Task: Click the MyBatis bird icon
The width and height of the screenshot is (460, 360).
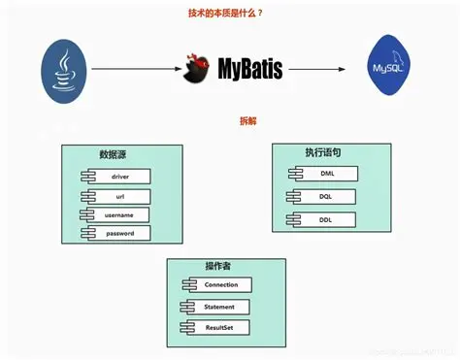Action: pos(198,69)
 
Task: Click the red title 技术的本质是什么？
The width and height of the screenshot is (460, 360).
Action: pos(229,13)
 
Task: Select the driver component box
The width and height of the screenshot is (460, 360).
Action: pos(120,177)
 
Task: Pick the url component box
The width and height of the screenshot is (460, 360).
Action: pos(120,196)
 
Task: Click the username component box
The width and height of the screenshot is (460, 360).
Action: pos(120,214)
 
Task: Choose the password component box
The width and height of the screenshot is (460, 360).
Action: pos(120,233)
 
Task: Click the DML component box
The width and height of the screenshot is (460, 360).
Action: pos(325,174)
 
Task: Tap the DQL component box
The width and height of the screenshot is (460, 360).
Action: pos(325,196)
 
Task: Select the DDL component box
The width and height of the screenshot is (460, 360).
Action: pos(325,219)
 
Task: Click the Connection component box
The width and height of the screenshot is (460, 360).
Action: pos(218,285)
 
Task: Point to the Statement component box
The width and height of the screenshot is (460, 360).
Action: pos(218,307)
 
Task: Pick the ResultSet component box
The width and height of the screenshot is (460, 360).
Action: pos(218,328)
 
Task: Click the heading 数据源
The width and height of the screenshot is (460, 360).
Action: pos(114,155)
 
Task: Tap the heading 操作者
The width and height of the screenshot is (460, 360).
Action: pos(218,266)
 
